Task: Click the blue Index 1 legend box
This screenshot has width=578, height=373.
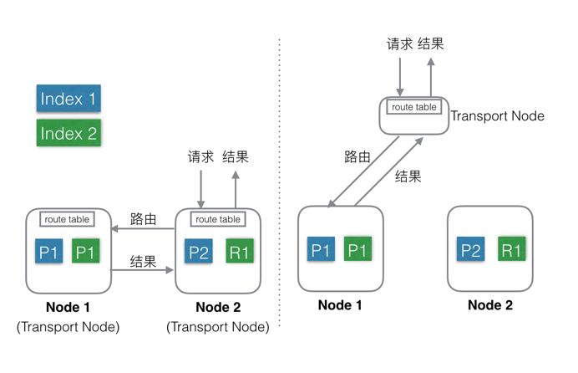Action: (68, 99)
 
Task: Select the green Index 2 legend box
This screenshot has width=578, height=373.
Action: (68, 133)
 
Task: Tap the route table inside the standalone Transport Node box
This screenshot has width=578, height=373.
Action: (414, 107)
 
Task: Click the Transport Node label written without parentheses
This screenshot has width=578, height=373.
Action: (497, 116)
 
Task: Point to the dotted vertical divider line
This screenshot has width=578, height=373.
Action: (278, 184)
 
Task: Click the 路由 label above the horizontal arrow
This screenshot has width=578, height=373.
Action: (144, 219)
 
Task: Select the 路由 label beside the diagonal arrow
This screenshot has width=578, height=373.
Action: (357, 156)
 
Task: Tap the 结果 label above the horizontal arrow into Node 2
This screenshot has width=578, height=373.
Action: (144, 261)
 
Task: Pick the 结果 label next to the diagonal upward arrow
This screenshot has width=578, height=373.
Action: (408, 176)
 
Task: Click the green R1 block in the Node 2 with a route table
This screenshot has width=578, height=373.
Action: (240, 252)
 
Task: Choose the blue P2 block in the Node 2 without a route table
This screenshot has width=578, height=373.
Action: (472, 250)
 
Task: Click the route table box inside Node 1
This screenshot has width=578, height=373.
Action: (67, 219)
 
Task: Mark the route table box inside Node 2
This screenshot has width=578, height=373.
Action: (217, 219)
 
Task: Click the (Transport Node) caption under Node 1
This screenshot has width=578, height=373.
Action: (68, 327)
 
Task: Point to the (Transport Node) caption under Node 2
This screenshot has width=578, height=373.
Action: (218, 327)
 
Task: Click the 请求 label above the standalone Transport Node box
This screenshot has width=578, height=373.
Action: (399, 43)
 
